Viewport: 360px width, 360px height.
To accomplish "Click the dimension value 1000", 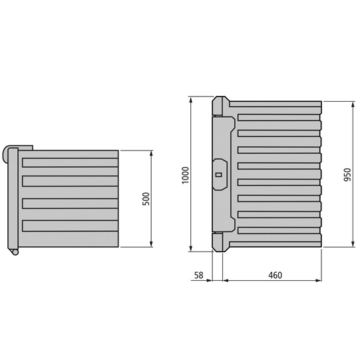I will (186, 175).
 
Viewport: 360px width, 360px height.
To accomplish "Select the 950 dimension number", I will (347, 174).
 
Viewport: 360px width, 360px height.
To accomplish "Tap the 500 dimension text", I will (146, 199).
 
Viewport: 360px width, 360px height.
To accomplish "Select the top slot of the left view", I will (69, 162).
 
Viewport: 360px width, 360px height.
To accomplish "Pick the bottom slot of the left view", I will (69, 225).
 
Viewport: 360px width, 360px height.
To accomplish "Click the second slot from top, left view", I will (69, 182).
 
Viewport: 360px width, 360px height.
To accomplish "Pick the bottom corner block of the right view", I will (220, 242).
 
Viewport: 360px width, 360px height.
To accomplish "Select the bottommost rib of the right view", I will (278, 230).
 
